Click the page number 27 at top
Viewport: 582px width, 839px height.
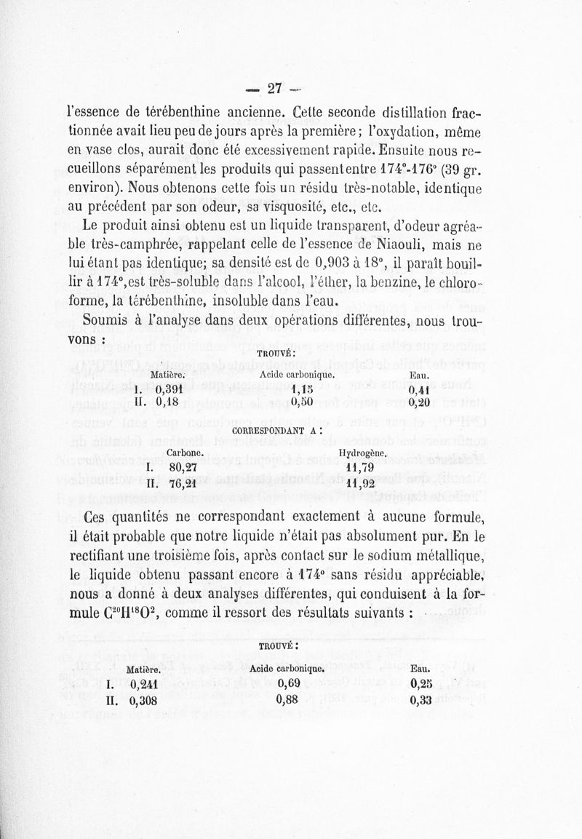[x=274, y=89]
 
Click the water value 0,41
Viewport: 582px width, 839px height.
[x=418, y=388]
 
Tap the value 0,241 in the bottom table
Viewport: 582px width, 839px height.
[x=144, y=684]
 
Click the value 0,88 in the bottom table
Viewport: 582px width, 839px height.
[x=290, y=701]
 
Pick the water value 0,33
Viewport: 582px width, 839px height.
[x=420, y=701]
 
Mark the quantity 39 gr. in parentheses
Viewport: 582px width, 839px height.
[x=455, y=170]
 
